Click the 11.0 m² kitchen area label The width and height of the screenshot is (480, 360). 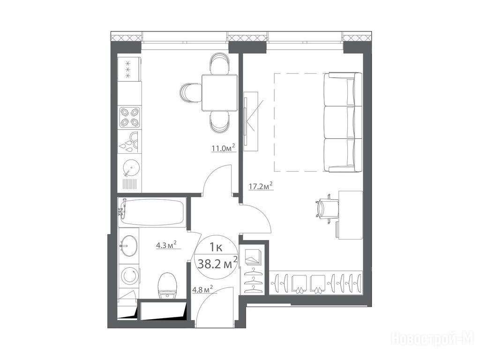coord(224,149)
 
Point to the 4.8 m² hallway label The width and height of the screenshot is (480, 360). coord(202,289)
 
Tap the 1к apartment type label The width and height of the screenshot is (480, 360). coord(216,247)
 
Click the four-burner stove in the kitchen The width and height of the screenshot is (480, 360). coord(129,117)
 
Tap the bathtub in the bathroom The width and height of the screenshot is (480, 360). coord(151,212)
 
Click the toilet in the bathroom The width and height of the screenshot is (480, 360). coord(167,285)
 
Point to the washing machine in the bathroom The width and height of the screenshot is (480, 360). coord(129,276)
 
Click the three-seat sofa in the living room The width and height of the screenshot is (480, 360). coord(343,122)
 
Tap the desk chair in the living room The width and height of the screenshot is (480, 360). coord(327,208)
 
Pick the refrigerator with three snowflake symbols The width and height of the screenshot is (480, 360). coord(129,69)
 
